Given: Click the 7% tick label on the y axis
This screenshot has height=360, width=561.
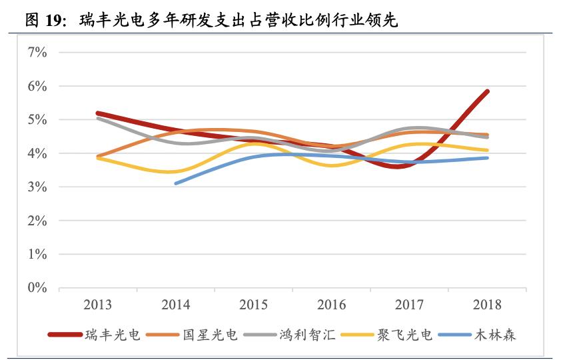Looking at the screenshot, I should (x=37, y=52).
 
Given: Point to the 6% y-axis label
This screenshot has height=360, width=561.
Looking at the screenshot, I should (x=37, y=86).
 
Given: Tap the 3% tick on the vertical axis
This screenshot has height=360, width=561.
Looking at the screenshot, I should (x=37, y=187).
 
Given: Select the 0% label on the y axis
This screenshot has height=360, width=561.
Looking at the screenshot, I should (x=37, y=288).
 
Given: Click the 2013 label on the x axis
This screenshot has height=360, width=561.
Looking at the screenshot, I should (x=97, y=305).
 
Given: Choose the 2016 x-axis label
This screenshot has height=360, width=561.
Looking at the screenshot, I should (x=331, y=305).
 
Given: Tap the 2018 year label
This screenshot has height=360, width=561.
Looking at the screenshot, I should (x=487, y=305).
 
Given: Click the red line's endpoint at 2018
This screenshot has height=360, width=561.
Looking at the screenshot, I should (x=488, y=91).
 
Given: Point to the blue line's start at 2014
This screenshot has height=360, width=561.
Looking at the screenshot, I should (x=176, y=183).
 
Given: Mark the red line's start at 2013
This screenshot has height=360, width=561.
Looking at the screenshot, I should (x=98, y=113).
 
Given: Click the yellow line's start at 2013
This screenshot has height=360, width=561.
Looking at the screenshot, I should (x=98, y=158).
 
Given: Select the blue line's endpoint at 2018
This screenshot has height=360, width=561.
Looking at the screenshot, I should (x=488, y=158).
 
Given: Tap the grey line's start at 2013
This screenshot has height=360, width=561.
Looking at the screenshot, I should (x=98, y=118).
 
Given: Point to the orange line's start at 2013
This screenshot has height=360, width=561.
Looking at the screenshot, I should (x=98, y=156).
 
